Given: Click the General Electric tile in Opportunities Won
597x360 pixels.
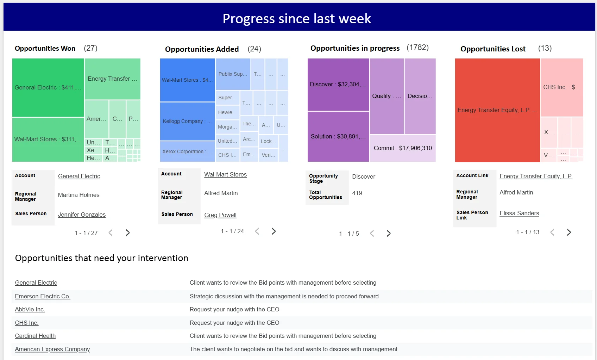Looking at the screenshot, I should (48, 87).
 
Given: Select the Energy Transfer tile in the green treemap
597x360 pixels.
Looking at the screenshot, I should (112, 79).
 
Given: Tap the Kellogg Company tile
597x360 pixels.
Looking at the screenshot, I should (187, 121).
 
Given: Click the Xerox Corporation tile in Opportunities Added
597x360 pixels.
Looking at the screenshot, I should (187, 151).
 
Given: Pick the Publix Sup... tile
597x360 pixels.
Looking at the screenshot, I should (233, 74).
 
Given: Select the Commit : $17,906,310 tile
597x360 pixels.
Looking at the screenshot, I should (403, 148).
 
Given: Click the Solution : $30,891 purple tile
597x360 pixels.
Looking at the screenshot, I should (338, 136).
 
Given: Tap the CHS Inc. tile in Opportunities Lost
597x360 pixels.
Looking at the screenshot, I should (561, 87).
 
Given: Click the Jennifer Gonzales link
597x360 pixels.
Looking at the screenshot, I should (82, 215).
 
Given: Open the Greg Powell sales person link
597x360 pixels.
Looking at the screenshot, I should (220, 215).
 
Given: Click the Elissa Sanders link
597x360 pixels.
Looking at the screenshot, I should (519, 213).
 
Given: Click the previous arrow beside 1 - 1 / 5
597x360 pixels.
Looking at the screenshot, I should (372, 234).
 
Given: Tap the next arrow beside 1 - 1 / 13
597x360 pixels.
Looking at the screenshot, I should (569, 232).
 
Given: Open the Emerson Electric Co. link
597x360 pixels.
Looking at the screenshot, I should (43, 296).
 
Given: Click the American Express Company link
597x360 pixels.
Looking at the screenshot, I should (52, 349).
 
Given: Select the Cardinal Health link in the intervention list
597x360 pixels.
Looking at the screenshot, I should (35, 336).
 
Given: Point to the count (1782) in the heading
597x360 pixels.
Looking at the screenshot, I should (417, 48).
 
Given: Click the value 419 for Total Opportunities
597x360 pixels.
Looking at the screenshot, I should (357, 193).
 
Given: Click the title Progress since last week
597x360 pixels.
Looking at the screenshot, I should (297, 18).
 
